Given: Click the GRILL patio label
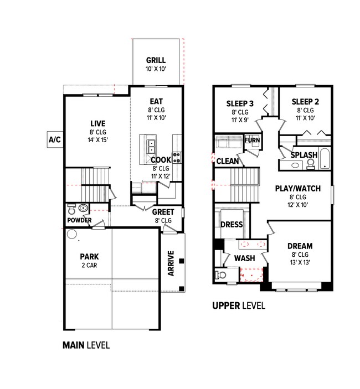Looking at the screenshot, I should pyautogui.click(x=156, y=61).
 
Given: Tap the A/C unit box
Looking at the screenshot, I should pyautogui.click(x=54, y=139).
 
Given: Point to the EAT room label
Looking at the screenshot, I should pyautogui.click(x=156, y=102).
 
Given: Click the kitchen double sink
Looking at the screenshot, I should pyautogui.click(x=151, y=146).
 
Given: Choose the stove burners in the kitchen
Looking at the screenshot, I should pyautogui.click(x=177, y=157).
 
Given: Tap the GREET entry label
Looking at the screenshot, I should pyautogui.click(x=163, y=212).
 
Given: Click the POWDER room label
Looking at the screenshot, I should pyautogui.click(x=80, y=220).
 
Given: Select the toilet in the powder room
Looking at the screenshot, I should pyautogui.click(x=71, y=209).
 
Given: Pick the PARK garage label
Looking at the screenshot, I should pyautogui.click(x=89, y=257).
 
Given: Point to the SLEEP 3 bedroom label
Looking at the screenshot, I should pyautogui.click(x=240, y=103).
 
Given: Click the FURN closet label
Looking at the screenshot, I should pyautogui.click(x=252, y=141).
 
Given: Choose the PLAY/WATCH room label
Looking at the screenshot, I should pyautogui.click(x=298, y=189).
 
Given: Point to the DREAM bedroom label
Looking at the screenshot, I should pyautogui.click(x=300, y=246).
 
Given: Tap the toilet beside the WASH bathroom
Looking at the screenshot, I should pyautogui.click(x=222, y=274).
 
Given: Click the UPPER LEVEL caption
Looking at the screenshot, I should pyautogui.click(x=239, y=305).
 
